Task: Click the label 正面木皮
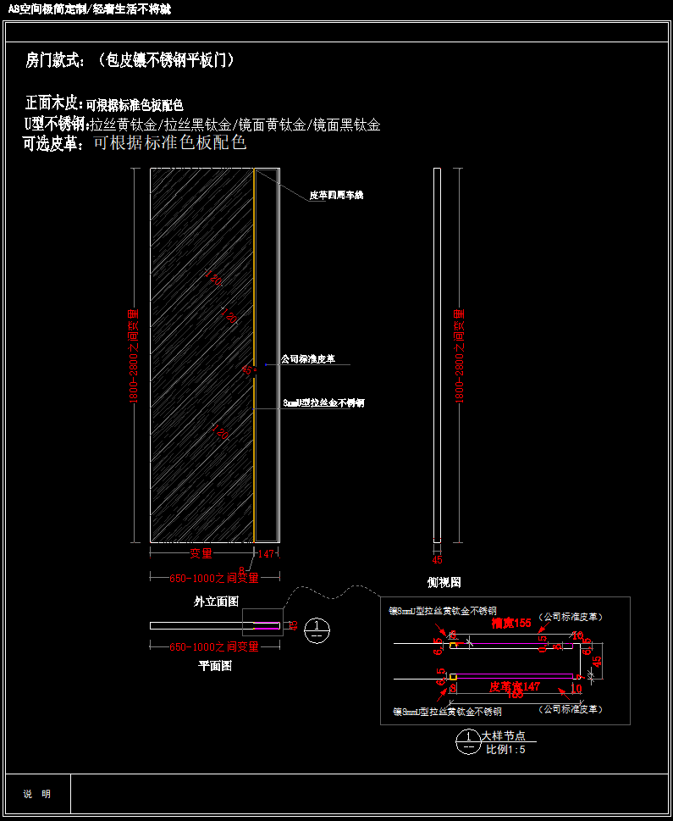tap(54, 103)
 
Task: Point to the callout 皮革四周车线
tap(335, 196)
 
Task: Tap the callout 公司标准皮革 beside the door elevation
tap(308, 359)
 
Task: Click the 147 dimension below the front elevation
tap(266, 553)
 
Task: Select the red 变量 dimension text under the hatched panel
tap(201, 553)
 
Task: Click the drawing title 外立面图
tap(216, 601)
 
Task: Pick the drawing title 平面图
tap(215, 666)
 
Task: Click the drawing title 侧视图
tap(444, 582)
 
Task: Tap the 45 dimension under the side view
tap(437, 559)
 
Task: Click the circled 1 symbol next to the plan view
tap(317, 629)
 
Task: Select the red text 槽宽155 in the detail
tap(511, 623)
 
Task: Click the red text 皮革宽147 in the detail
tap(515, 686)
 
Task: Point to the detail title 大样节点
tap(504, 736)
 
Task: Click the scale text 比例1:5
tap(505, 750)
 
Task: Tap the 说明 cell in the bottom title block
tap(36, 794)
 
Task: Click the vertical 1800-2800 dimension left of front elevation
tap(134, 356)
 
